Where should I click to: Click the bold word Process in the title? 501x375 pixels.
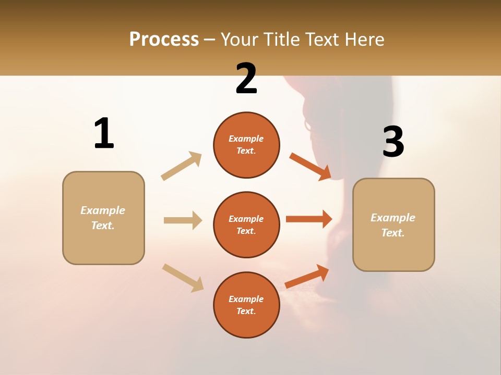(x=164, y=40)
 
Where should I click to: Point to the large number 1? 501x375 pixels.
(x=104, y=133)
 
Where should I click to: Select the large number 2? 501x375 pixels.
(x=246, y=79)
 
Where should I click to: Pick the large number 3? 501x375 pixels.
(x=393, y=142)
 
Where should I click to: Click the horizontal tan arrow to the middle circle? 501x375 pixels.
(x=183, y=220)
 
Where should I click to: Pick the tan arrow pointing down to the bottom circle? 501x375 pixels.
(x=183, y=278)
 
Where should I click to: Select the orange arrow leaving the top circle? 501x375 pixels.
(x=311, y=166)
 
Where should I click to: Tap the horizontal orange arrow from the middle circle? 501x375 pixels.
(x=309, y=219)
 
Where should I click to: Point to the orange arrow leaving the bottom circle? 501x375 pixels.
(x=307, y=276)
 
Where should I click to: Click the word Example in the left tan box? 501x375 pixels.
(x=103, y=210)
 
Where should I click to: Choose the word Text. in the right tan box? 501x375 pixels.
(x=393, y=233)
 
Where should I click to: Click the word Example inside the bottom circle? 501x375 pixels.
(x=246, y=299)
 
